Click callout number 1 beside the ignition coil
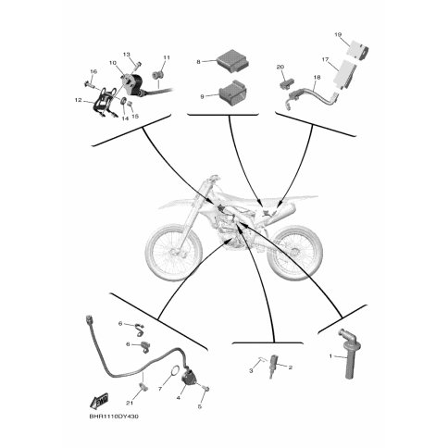click(330, 356)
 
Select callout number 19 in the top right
click(338, 34)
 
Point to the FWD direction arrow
click(99, 400)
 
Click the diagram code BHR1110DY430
click(114, 417)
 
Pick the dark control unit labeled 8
click(232, 62)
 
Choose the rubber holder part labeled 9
click(232, 93)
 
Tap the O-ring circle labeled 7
click(175, 369)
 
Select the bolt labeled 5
click(207, 389)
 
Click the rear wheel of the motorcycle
click(295, 253)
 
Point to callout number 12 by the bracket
click(78, 100)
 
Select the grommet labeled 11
click(157, 75)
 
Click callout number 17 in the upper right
click(326, 59)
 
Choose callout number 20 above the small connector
click(280, 67)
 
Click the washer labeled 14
click(123, 101)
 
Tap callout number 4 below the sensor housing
click(179, 398)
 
